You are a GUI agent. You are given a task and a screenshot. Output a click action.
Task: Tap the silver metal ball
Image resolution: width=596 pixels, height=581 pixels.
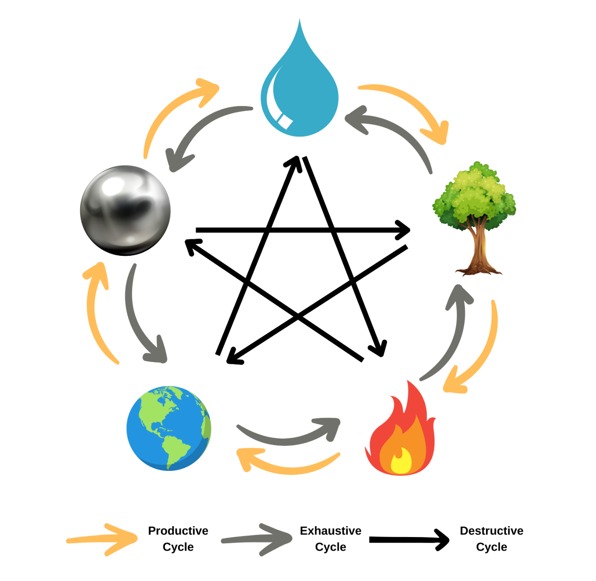(126, 209)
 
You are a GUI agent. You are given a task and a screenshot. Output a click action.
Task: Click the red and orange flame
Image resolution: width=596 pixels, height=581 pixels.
(401, 436)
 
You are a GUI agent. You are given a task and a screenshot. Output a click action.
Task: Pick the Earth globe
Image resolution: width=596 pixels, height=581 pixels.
(168, 428)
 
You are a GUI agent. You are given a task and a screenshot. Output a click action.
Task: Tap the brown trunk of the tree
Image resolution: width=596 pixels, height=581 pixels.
(478, 250)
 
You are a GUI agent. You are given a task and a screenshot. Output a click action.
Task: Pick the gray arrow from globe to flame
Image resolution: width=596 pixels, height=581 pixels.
(286, 438)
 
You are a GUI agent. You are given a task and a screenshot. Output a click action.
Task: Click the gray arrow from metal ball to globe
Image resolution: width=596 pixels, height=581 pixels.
(137, 319)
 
